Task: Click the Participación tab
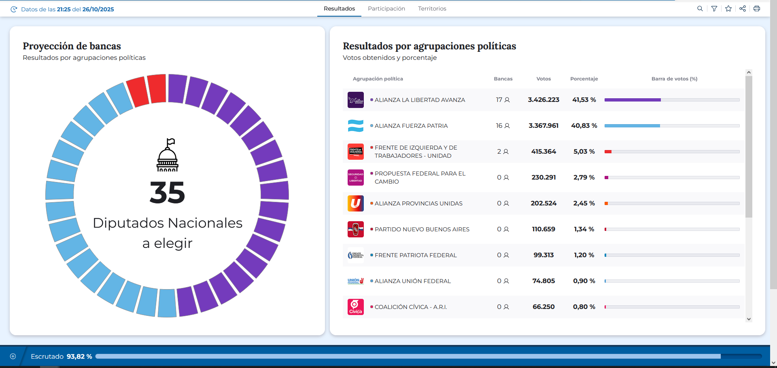386,8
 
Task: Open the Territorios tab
432,8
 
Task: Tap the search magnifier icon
700,8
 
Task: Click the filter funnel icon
714,8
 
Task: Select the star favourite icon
728,8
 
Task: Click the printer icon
757,8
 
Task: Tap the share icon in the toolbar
743,8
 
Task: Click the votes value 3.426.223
543,100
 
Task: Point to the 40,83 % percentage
584,126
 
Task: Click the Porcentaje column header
584,79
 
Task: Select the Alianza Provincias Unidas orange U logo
356,203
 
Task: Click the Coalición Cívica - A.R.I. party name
411,307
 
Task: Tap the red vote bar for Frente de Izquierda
608,152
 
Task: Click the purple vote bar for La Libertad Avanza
633,100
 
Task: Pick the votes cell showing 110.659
543,229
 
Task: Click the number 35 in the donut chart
167,192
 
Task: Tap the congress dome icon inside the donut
168,155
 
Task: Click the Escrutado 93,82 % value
79,356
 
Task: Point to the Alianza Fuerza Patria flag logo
356,126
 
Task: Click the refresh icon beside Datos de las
14,9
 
